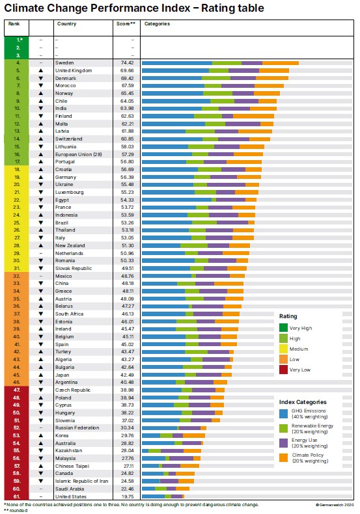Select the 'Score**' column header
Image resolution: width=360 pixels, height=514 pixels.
click(126, 23)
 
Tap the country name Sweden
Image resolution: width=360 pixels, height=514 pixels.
click(64, 62)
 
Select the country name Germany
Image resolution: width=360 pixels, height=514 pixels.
click(67, 177)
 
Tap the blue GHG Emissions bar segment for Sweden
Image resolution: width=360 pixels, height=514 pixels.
click(176, 62)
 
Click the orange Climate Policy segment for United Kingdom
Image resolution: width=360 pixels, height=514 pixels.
click(273, 70)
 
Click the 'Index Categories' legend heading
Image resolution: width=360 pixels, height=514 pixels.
click(303, 401)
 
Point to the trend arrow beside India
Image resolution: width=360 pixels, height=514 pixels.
click(41, 108)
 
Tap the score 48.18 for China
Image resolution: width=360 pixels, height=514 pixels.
click(127, 283)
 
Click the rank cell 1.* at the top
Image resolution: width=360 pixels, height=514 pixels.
click(18, 40)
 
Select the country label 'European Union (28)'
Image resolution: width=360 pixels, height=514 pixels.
click(77, 154)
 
